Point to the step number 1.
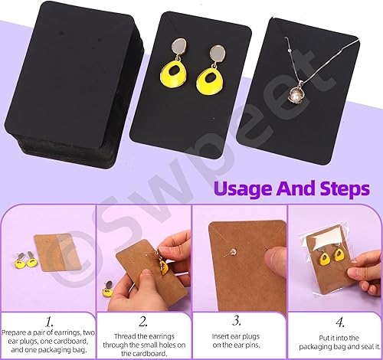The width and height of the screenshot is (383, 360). [x=47, y=302]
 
